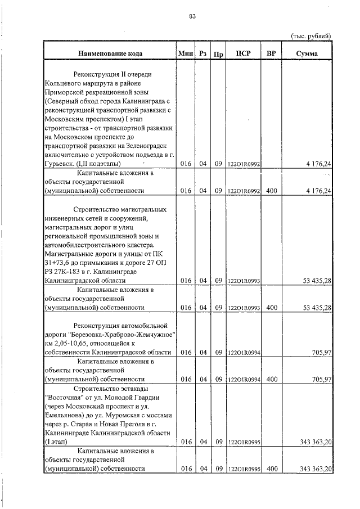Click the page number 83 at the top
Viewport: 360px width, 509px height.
point(192,16)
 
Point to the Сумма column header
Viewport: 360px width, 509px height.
point(307,53)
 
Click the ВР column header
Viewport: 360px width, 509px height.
point(271,53)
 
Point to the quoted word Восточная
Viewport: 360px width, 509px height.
point(62,398)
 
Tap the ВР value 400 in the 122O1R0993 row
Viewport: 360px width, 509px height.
point(271,308)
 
